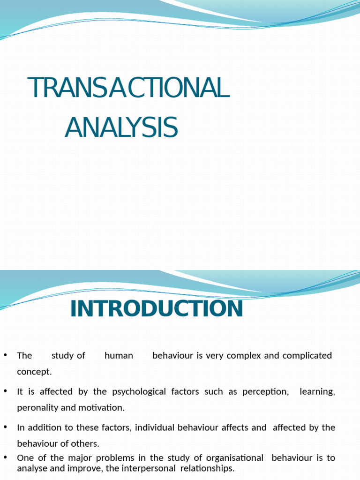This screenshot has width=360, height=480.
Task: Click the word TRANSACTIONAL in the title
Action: coord(128,88)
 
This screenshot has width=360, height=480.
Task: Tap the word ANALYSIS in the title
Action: coord(121,127)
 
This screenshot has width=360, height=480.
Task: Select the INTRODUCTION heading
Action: coord(157,309)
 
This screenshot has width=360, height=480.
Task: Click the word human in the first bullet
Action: coord(119,355)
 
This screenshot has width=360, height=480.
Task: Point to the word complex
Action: coord(243,355)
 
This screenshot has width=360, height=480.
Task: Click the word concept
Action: coord(34,372)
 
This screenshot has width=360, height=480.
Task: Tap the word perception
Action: coord(265,391)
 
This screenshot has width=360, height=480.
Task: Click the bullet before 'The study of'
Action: coord(6,354)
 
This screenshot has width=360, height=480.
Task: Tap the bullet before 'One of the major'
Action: coord(6,457)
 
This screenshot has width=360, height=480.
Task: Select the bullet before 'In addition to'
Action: coord(6,427)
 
